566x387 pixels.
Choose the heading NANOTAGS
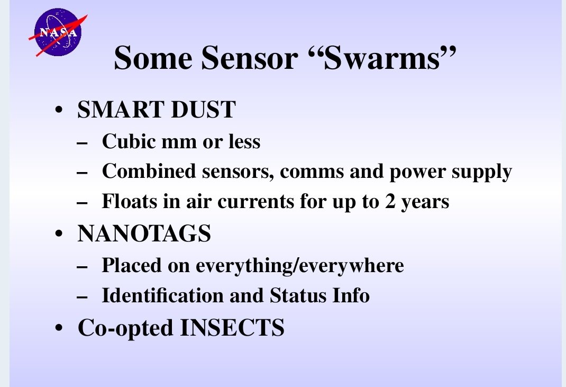point(144,234)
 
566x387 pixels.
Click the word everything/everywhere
point(300,265)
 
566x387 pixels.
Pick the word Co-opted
point(125,328)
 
